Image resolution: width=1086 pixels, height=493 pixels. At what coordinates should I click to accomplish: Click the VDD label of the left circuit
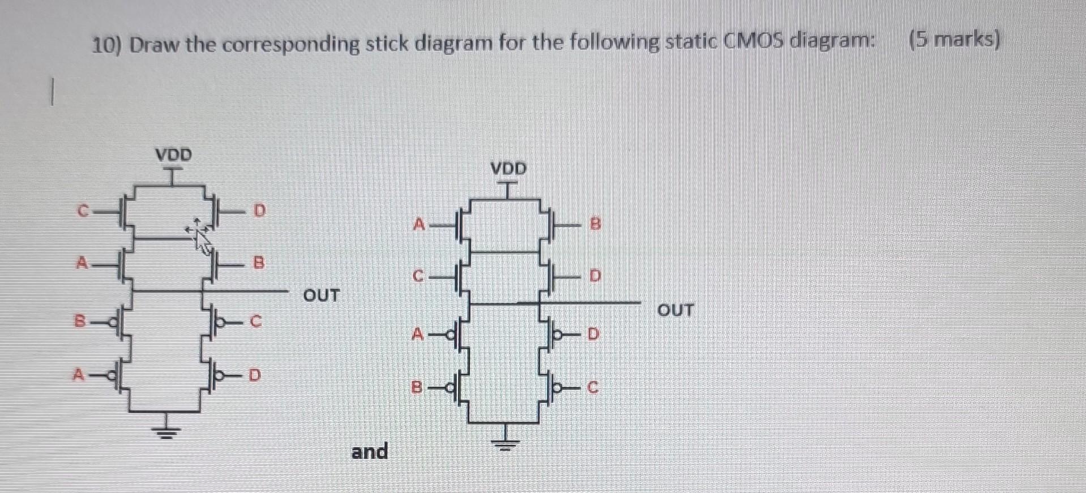pyautogui.click(x=174, y=155)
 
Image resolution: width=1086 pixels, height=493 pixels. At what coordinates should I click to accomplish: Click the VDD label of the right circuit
pyautogui.click(x=508, y=168)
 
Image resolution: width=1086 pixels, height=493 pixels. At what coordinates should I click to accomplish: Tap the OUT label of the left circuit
pyautogui.click(x=321, y=295)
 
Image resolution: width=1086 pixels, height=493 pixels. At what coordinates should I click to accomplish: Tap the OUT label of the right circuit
pyautogui.click(x=675, y=310)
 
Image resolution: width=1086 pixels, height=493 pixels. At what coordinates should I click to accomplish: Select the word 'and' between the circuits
pyautogui.click(x=370, y=452)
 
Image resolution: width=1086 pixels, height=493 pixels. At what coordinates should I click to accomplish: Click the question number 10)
pyautogui.click(x=108, y=44)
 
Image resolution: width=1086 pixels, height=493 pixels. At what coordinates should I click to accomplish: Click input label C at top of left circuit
pyautogui.click(x=83, y=211)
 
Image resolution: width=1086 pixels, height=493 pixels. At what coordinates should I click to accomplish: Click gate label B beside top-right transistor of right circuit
pyautogui.click(x=595, y=225)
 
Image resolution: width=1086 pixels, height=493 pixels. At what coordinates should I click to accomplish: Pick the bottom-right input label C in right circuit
pyautogui.click(x=592, y=388)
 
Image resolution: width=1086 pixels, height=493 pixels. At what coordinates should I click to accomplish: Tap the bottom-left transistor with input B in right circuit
pyautogui.click(x=460, y=387)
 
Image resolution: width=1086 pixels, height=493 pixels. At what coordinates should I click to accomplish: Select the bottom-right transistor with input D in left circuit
pyautogui.click(x=211, y=375)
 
